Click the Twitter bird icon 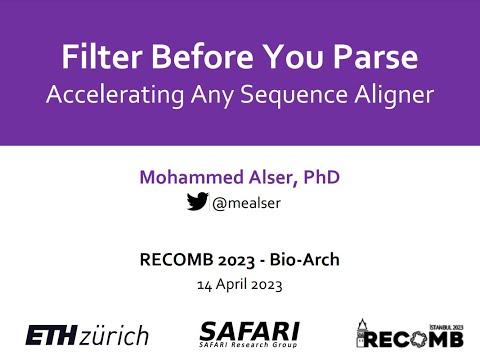point(197,202)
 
